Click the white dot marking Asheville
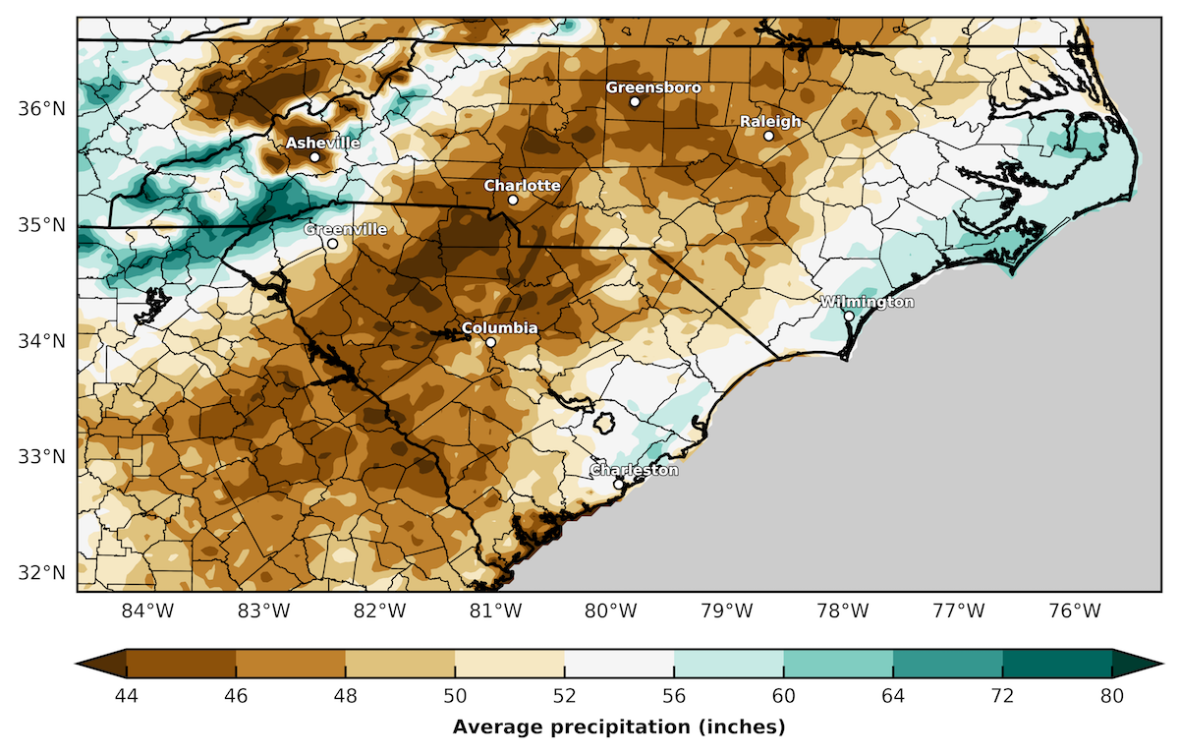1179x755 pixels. tap(315, 157)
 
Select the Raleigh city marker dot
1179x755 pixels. tap(769, 136)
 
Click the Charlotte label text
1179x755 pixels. tap(522, 186)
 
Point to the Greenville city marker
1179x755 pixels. tap(333, 244)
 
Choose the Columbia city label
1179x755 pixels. tap(499, 327)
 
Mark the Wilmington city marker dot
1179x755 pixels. tap(849, 316)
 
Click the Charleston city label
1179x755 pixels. tap(634, 470)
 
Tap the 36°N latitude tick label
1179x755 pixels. tap(38, 108)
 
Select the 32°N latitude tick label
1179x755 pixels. tap(38, 572)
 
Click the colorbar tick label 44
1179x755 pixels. tap(127, 696)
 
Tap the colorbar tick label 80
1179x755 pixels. tap(1112, 696)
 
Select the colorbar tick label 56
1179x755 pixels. tap(674, 696)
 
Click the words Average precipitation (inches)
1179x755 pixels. tap(619, 727)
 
